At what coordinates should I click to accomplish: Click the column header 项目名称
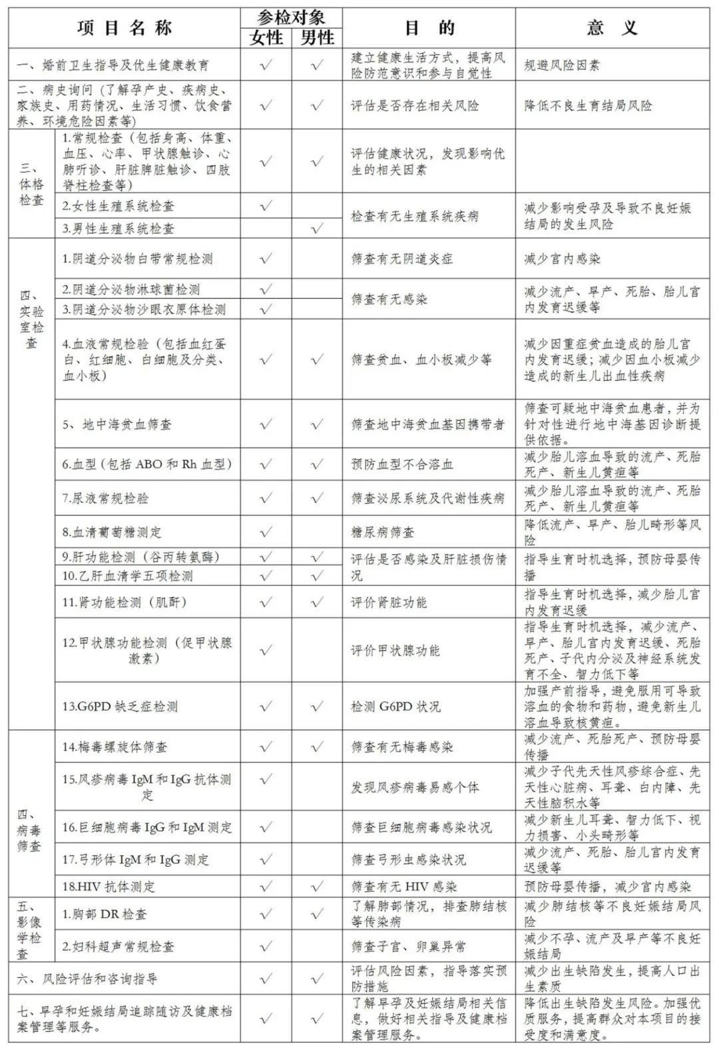click(x=124, y=27)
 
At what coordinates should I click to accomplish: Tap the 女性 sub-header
click(x=266, y=37)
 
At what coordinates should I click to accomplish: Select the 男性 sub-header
click(x=317, y=37)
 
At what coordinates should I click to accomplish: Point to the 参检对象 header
click(x=291, y=17)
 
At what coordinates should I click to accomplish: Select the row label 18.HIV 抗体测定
click(x=109, y=886)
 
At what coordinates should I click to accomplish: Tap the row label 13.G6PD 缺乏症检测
click(x=120, y=706)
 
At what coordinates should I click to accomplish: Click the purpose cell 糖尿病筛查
click(x=383, y=532)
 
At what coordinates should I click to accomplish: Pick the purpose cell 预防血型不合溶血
click(x=402, y=464)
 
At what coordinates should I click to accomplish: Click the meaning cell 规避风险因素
click(x=562, y=65)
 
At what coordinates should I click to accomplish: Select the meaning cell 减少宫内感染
click(x=562, y=259)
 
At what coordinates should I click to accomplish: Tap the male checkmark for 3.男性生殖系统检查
click(x=317, y=228)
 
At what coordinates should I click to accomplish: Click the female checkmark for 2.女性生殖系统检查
click(x=266, y=206)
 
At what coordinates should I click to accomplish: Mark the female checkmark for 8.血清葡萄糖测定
click(x=266, y=532)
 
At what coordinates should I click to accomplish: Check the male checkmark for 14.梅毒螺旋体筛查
click(x=317, y=746)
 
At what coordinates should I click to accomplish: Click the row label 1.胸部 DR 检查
click(x=105, y=914)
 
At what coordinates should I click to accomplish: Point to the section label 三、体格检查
click(x=31, y=182)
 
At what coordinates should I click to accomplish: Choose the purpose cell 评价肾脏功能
click(x=389, y=603)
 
